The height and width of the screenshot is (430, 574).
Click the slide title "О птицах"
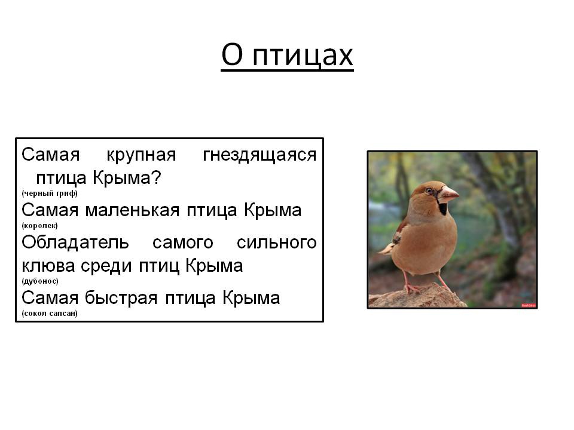click(288, 55)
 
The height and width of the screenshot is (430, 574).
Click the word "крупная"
click(141, 156)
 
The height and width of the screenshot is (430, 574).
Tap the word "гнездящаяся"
click(259, 155)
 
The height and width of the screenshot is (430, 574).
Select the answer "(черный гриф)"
click(50, 193)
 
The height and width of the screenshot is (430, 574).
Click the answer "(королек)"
click(39, 225)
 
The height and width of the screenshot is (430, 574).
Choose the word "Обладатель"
click(75, 243)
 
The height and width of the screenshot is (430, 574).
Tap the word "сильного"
click(277, 243)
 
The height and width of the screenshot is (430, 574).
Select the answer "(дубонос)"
click(40, 281)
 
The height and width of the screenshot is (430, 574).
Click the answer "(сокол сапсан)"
click(50, 314)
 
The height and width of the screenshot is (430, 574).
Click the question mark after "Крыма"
click(156, 178)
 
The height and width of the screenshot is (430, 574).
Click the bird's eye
click(429, 191)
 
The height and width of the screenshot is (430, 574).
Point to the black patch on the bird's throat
click(443, 208)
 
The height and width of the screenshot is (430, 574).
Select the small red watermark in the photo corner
click(529, 305)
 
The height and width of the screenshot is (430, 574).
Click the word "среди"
click(106, 266)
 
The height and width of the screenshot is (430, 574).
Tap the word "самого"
click(183, 243)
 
